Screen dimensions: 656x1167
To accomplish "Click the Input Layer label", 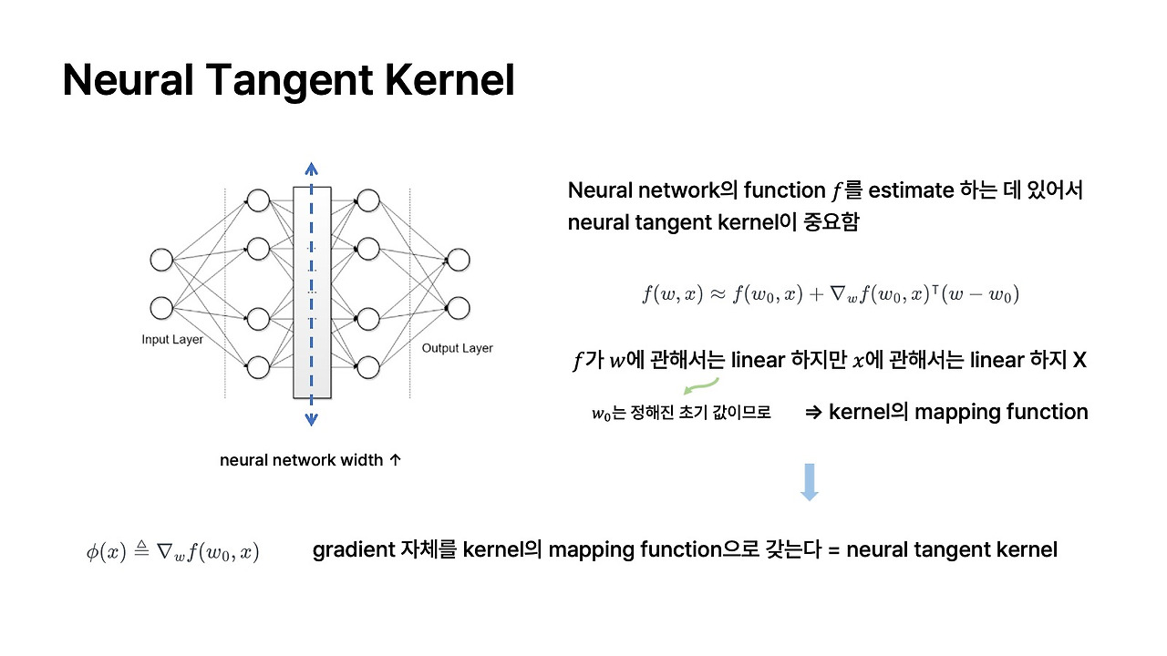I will click(x=172, y=340).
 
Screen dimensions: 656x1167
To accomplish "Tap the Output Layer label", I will click(x=457, y=348).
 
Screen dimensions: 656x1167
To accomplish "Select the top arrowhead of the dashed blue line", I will click(x=311, y=169).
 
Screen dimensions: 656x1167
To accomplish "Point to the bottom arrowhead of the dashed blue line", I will click(x=311, y=420).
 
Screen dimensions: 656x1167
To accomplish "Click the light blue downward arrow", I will click(x=809, y=482).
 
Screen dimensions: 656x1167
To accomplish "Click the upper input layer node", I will click(x=161, y=260).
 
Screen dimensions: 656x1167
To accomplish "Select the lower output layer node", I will click(x=459, y=306).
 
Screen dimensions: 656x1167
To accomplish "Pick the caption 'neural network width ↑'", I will click(x=310, y=460).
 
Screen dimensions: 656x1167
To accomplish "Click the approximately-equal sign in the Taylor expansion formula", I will click(x=718, y=294).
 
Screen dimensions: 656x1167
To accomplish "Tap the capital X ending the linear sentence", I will click(x=1079, y=360).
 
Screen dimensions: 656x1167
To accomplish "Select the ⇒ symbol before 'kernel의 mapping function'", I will click(x=814, y=413).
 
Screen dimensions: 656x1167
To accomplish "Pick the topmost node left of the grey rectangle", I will click(x=258, y=200).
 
